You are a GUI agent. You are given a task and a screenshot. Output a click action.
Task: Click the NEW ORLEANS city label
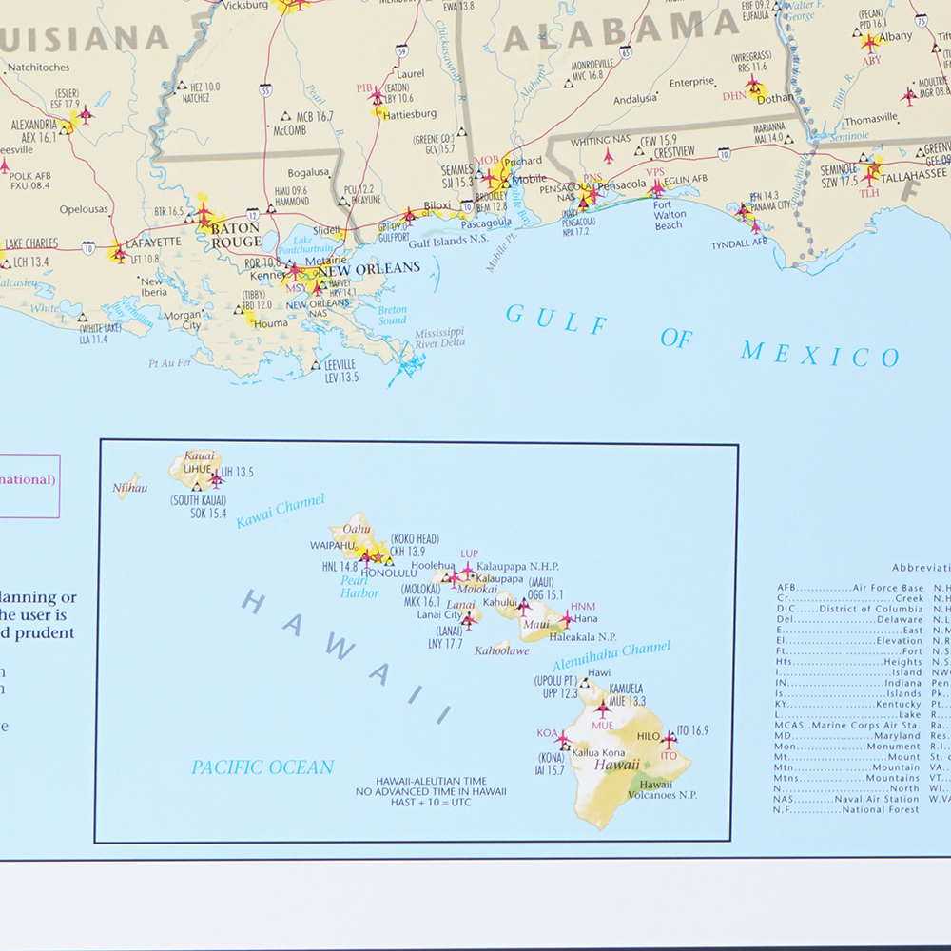tap(375, 268)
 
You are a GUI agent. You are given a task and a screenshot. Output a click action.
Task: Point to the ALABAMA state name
tap(609, 33)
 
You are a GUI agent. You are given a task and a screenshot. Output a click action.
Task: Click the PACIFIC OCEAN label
tap(262, 767)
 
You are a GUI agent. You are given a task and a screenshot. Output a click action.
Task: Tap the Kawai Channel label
tap(281, 511)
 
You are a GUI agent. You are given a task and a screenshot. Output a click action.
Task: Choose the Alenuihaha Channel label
tap(611, 654)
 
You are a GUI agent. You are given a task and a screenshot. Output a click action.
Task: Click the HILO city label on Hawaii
tap(648, 737)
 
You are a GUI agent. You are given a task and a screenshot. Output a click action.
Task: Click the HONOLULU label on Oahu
tap(387, 573)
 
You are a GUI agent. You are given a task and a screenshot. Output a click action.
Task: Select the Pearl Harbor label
tap(359, 586)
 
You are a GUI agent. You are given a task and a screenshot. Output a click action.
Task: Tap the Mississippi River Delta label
tap(439, 338)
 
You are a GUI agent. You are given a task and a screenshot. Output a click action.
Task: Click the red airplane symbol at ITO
tap(669, 738)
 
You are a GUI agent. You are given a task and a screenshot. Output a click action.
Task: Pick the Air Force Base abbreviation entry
tap(850, 588)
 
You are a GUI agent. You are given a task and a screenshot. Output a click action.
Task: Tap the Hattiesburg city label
tap(410, 114)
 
